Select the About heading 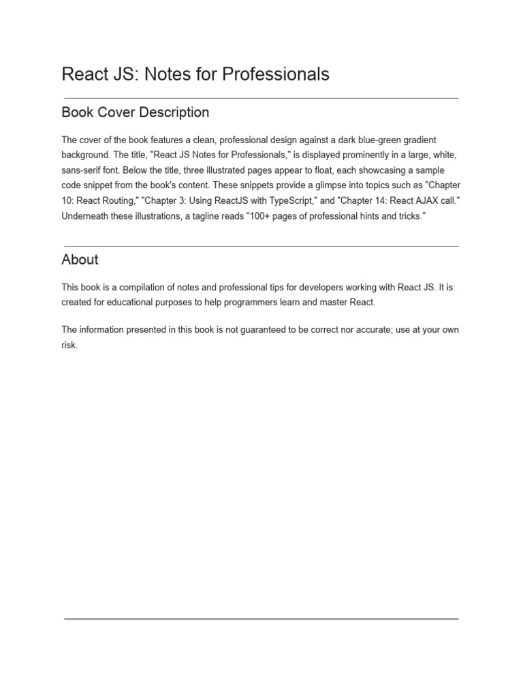(80, 260)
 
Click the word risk (69, 346)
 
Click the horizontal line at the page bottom (261, 619)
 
